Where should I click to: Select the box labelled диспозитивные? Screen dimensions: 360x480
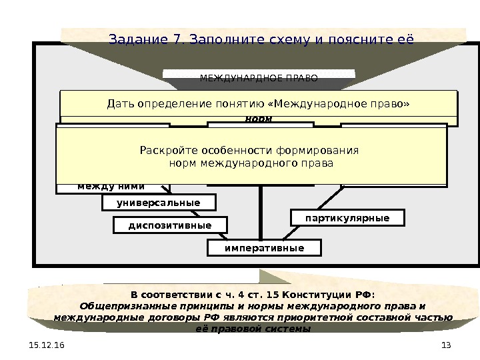[169, 225]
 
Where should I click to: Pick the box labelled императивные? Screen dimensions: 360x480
[264, 248]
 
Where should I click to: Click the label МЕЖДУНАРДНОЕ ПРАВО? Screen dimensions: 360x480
[259, 78]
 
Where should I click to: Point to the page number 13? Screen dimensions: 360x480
[446, 344]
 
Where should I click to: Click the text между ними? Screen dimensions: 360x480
[111, 186]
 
